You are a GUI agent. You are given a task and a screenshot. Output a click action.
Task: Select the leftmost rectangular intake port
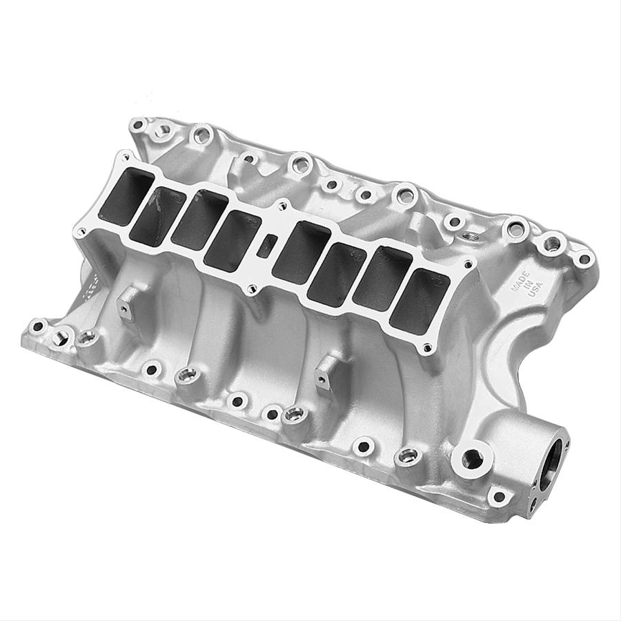(x=129, y=190)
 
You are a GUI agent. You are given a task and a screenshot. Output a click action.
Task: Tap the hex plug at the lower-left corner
(x=63, y=337)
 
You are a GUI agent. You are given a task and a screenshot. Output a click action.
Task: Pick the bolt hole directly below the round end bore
(x=497, y=495)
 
